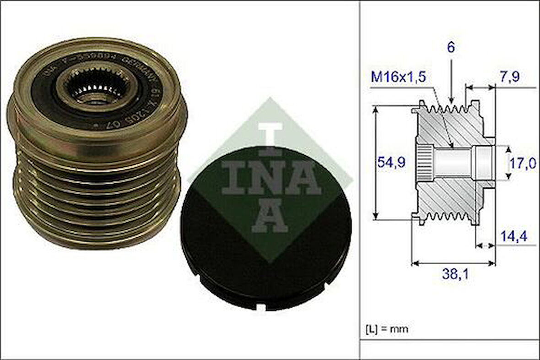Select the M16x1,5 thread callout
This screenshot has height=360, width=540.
[x=398, y=76]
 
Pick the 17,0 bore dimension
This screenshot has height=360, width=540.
[x=524, y=163]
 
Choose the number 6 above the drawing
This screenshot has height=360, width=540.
[x=451, y=48]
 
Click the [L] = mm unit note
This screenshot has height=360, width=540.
[x=387, y=328]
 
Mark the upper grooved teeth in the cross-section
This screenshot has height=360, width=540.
[x=446, y=110]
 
